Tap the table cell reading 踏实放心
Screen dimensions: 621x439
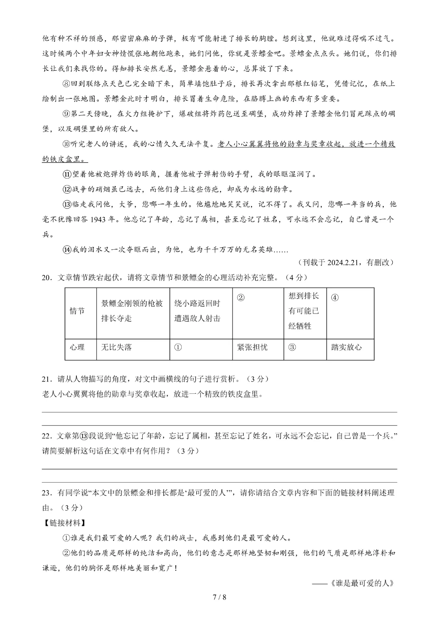(346, 347)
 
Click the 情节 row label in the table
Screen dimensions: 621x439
(77, 311)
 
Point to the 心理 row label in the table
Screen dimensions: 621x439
(77, 347)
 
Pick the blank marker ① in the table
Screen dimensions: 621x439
(178, 347)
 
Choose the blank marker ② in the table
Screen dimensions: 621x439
(241, 297)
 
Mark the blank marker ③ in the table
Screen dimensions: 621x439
(292, 347)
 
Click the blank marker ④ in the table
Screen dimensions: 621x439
(335, 297)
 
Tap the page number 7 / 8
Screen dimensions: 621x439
(219, 597)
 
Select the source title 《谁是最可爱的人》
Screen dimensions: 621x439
(362, 583)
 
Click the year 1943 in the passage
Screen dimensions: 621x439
(98, 220)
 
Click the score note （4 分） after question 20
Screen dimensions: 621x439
(296, 278)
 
